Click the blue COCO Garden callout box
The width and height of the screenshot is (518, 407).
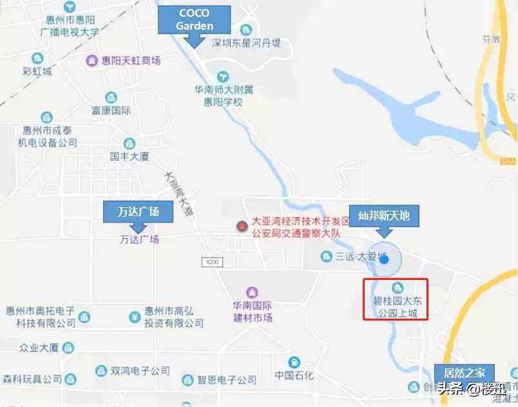pos(194,19)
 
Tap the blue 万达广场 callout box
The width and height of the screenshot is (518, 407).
pos(139,212)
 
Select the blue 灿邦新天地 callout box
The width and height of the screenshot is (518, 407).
pos(383,215)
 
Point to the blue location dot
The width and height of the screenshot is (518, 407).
pos(385,259)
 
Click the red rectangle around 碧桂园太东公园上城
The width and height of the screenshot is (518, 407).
pos(396,299)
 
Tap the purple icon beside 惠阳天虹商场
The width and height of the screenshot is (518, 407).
pos(92,61)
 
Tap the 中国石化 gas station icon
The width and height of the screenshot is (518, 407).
pos(294,362)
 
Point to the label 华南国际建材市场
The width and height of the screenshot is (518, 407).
pos(253,312)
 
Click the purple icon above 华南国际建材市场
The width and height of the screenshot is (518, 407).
pos(253,292)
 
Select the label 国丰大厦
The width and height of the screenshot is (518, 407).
pos(129,156)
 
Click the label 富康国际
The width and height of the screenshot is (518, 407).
pos(111,110)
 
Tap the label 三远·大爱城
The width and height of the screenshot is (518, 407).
pos(361,257)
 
